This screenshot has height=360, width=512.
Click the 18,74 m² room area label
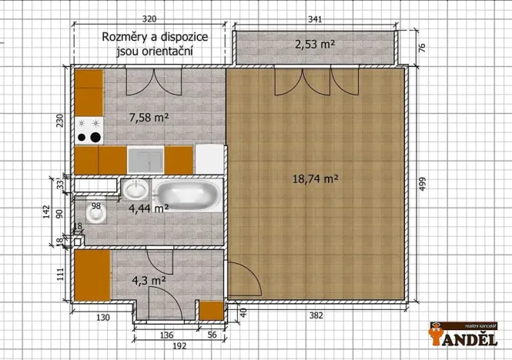pos(316,178)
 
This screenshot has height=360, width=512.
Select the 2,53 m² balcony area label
pos(315,45)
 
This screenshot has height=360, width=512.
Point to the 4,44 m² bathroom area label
pos(148,208)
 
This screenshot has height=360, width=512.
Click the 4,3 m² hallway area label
pos(149,281)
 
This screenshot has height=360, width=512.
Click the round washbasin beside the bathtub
pos(136,189)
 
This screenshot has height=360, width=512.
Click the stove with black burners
pos(89,131)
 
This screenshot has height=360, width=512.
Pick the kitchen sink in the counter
pos(146,160)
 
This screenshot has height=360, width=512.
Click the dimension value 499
pos(423,186)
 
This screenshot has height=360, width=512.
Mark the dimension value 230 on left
pos(60,124)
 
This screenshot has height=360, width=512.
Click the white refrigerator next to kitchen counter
pos(209,159)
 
